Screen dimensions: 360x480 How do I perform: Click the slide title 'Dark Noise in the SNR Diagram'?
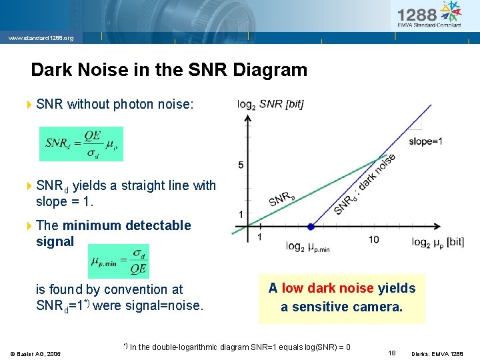[169, 70]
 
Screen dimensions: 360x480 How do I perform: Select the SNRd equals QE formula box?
[81, 144]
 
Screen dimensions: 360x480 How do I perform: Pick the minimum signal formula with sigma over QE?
[119, 261]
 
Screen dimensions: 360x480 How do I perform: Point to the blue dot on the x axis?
[311, 227]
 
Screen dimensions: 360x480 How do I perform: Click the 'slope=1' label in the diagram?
[425, 141]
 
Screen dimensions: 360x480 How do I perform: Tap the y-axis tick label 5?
[241, 165]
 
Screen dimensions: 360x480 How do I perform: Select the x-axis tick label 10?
[373, 239]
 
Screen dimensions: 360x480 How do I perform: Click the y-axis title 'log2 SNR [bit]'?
[271, 104]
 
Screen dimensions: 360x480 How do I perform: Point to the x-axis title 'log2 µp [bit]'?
[437, 241]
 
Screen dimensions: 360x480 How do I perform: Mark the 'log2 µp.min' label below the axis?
[307, 247]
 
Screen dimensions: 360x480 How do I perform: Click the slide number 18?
[391, 351]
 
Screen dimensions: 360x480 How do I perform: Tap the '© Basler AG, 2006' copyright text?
[35, 353]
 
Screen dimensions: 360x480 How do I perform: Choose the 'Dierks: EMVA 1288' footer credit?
[437, 353]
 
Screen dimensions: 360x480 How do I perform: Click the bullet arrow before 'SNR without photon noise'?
[29, 104]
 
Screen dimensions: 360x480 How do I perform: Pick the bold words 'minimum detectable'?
[127, 225]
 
